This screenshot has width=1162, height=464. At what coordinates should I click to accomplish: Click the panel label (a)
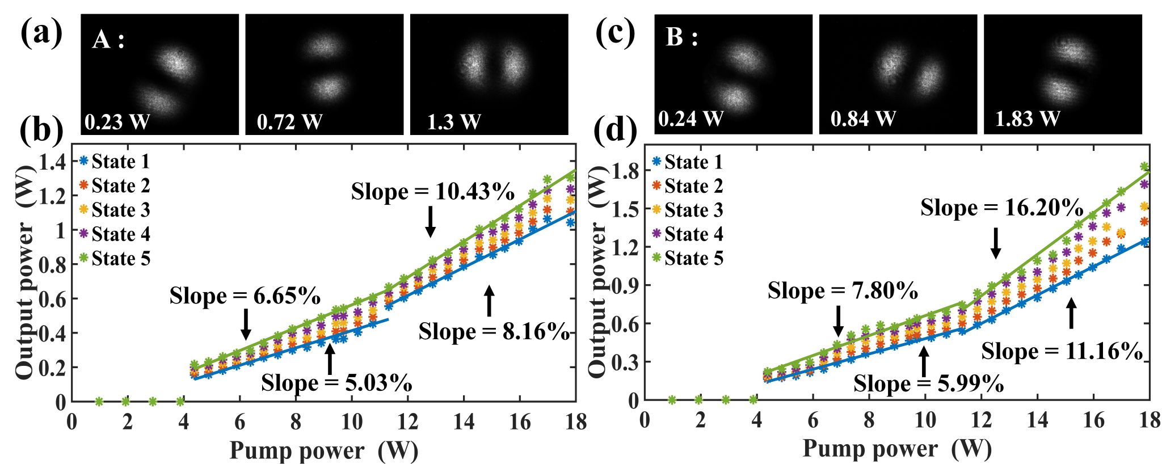click(x=41, y=33)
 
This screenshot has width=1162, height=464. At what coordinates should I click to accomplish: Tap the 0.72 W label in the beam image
click(x=289, y=121)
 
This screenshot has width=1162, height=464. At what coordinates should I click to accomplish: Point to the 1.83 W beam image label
click(x=1027, y=119)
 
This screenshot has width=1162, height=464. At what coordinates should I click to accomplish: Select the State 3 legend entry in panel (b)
click(x=115, y=210)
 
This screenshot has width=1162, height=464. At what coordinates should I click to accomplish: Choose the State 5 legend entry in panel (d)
click(x=688, y=259)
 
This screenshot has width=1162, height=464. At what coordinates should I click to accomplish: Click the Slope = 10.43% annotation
click(x=433, y=192)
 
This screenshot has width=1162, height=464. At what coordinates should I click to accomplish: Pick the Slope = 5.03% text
click(x=336, y=383)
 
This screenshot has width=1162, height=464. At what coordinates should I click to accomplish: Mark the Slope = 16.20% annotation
click(x=1002, y=208)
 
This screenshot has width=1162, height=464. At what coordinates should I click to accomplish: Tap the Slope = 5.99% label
click(x=929, y=384)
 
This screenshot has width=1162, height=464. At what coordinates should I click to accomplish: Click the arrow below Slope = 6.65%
click(x=246, y=324)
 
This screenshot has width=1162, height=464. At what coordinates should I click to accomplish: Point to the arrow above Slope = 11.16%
click(x=1071, y=314)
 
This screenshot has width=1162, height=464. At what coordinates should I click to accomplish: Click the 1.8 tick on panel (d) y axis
click(x=626, y=171)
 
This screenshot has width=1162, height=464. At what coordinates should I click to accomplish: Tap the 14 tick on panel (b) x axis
click(x=464, y=422)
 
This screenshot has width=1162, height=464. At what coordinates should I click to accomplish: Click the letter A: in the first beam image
click(x=108, y=40)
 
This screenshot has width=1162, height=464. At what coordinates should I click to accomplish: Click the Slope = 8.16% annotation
click(x=494, y=332)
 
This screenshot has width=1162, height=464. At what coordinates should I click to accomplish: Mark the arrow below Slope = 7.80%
click(x=838, y=321)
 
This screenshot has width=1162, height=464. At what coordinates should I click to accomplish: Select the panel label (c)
click(x=615, y=33)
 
